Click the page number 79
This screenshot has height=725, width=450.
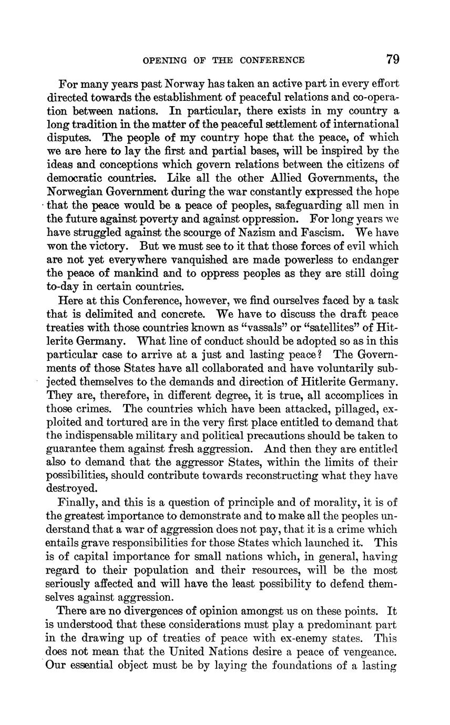(393, 59)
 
